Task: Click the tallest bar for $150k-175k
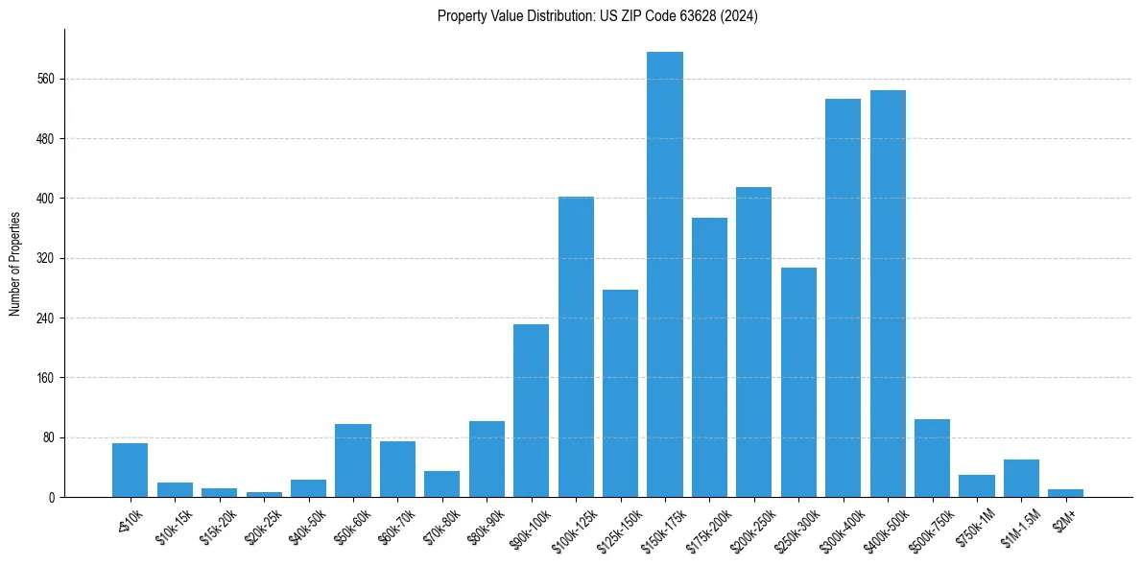coord(665,274)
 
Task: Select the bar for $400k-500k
coord(888,294)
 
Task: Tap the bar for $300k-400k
coord(844,297)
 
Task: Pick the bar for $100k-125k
coord(576,346)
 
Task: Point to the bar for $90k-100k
coord(531,411)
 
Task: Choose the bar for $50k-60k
coord(353,460)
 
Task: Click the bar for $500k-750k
coord(932,458)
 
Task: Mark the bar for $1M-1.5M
coord(1021,478)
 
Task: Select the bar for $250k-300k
coord(798,382)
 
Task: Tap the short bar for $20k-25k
coord(264,494)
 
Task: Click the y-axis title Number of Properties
coord(14,264)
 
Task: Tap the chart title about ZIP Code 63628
coord(597,16)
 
